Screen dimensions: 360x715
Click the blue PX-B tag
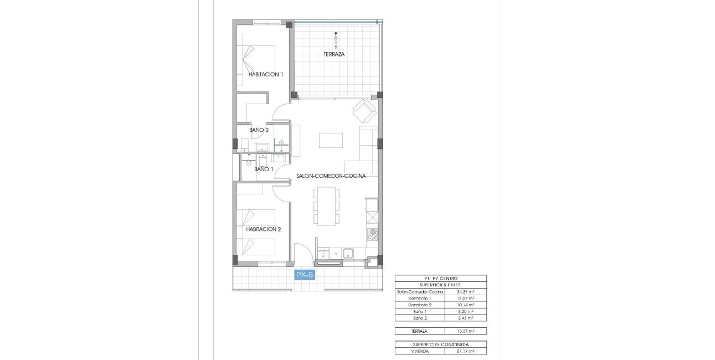click(305, 275)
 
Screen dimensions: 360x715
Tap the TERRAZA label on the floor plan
click(335, 54)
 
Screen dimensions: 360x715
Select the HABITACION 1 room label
click(266, 74)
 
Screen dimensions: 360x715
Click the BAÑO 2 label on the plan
click(259, 130)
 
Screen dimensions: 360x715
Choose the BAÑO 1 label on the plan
click(264, 169)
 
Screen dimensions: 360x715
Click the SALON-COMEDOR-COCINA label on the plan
click(331, 176)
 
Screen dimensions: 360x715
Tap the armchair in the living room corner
click(364, 111)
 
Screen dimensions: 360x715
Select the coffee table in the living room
click(331, 140)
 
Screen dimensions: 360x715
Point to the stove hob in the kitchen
click(373, 234)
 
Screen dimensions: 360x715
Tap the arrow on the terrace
click(336, 34)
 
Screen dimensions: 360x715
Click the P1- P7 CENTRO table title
click(441, 278)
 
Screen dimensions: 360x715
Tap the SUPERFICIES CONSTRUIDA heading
click(441, 344)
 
